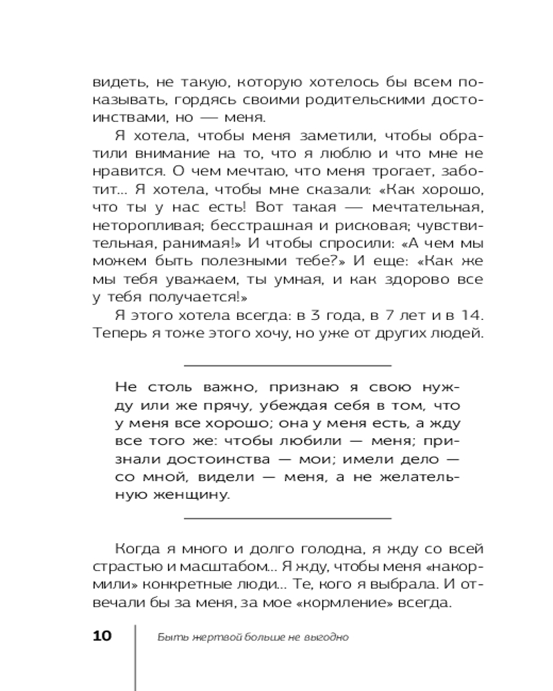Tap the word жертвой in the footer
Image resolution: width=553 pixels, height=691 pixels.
tap(202, 636)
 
